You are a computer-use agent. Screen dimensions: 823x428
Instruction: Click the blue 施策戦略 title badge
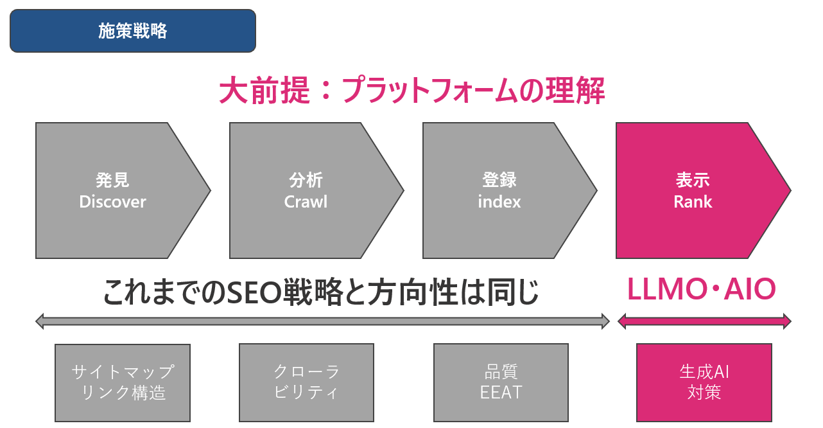tap(133, 31)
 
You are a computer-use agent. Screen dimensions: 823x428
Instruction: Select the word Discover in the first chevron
tap(112, 202)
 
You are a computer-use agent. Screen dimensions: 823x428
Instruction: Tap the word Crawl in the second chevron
tap(306, 202)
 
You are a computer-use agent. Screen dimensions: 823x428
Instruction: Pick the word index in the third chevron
tap(499, 202)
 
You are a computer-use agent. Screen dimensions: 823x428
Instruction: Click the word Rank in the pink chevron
tap(693, 202)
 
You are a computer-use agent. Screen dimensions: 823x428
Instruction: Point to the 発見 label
tap(112, 180)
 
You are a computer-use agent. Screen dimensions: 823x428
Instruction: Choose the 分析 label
tap(306, 180)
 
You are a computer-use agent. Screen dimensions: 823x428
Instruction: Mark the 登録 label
tap(499, 180)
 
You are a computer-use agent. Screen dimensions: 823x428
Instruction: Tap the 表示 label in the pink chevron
tap(693, 180)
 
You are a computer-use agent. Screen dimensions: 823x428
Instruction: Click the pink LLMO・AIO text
tap(702, 289)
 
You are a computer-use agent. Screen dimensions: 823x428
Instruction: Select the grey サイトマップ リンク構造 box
tap(123, 383)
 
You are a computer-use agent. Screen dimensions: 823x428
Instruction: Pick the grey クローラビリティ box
tap(306, 382)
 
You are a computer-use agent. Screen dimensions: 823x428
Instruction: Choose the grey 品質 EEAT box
tap(501, 382)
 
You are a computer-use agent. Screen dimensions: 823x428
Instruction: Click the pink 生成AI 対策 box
tap(704, 382)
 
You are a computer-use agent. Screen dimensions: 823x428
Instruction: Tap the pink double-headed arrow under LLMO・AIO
tap(704, 321)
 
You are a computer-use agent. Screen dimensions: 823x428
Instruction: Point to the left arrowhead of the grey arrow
tap(40, 321)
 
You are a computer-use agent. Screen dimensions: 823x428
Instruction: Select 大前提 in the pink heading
tap(264, 91)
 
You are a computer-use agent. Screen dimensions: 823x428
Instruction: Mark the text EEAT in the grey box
tap(501, 392)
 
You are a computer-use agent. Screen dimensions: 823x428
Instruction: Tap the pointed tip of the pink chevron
tap(791, 190)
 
